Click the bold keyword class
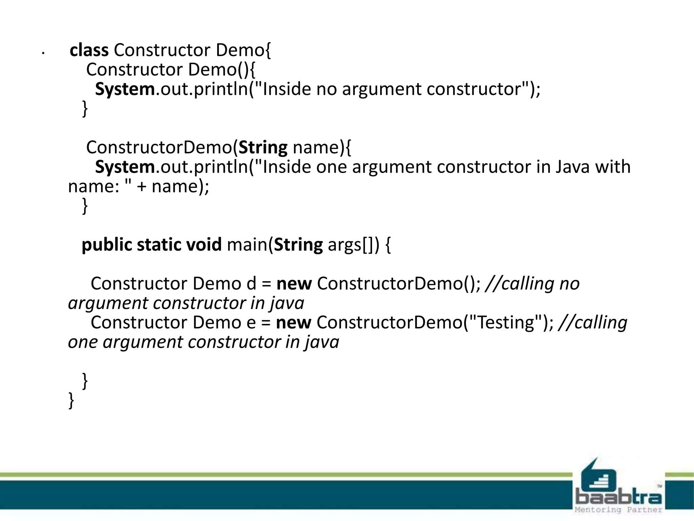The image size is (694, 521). pos(89,50)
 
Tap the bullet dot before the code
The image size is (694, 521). pos(43,53)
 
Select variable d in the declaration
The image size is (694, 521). pos(251,284)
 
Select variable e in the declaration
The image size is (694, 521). pos(251,323)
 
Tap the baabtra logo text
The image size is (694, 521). pos(619,497)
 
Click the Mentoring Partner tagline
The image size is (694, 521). pos(618,510)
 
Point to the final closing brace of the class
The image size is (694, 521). pos(71,400)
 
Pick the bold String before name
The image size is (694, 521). pos(263,148)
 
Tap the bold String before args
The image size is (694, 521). pos(298,245)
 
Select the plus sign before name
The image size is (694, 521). pos(141,187)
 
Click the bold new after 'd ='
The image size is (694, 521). pos(294,284)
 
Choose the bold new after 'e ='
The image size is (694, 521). pos(293,323)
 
